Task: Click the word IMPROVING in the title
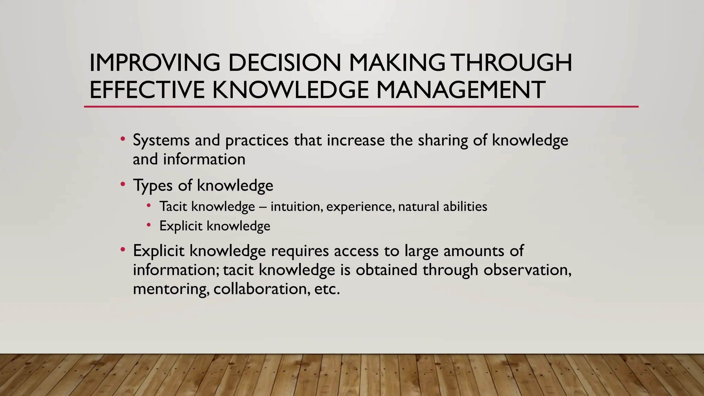tap(154, 63)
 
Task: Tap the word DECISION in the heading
tap(285, 63)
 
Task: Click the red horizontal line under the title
tap(361, 107)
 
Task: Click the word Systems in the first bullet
tap(161, 140)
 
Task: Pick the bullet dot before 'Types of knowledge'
tap(123, 185)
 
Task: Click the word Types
tap(153, 186)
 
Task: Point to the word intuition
tap(297, 207)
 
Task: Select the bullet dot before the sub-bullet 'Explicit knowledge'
tap(148, 225)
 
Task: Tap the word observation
tap(527, 270)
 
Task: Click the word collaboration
tap(262, 288)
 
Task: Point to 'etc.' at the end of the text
tap(327, 289)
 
